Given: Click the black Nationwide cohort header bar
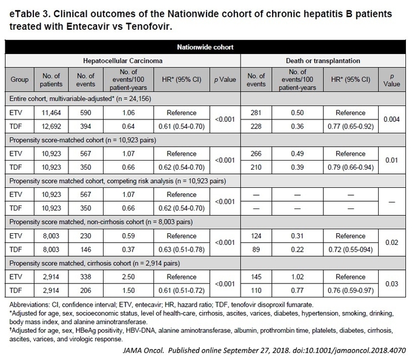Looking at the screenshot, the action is (x=205, y=47).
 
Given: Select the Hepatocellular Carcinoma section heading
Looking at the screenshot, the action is (x=123, y=61).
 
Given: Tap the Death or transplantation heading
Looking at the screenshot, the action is (x=323, y=61).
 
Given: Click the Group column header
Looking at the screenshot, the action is (x=19, y=79).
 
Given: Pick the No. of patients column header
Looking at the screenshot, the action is (x=51, y=80).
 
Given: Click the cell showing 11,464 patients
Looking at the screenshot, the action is (x=51, y=113).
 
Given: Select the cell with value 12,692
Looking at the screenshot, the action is (x=51, y=127).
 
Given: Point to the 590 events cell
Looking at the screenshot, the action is (x=85, y=113).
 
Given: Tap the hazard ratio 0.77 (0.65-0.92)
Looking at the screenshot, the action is (x=351, y=127).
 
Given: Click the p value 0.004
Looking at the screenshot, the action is (x=391, y=119).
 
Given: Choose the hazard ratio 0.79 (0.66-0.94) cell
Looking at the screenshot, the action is (x=351, y=167).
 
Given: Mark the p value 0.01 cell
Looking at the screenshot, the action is (x=391, y=160).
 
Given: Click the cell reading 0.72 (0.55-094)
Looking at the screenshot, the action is (x=351, y=250).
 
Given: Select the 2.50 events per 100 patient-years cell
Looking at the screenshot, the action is (x=128, y=277).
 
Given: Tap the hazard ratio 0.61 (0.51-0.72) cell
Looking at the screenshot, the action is (x=182, y=291).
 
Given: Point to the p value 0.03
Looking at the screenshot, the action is (x=391, y=284).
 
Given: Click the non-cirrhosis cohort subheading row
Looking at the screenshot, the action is (x=101, y=222).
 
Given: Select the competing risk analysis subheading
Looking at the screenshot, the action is (x=118, y=181).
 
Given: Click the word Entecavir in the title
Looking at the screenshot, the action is (x=88, y=27).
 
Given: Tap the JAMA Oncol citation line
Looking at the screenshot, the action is (x=264, y=350).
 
